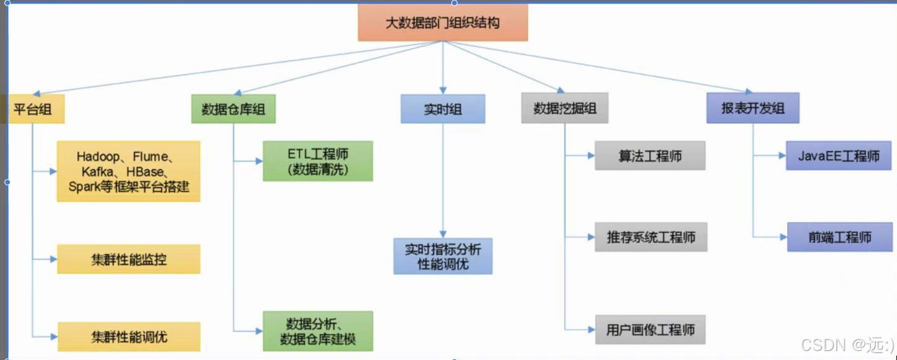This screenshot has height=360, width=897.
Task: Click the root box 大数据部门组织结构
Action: [442, 23]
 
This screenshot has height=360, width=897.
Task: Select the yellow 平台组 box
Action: [33, 109]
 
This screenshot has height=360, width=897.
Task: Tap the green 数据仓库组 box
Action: [234, 109]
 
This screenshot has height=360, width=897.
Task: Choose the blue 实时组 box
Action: [443, 109]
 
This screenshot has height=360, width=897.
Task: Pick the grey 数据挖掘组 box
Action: [565, 109]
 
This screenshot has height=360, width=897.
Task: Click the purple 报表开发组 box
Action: [753, 109]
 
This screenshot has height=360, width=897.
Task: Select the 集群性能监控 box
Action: [128, 260]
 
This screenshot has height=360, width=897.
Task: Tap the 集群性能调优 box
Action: [128, 337]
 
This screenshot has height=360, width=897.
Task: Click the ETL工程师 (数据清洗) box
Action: [317, 161]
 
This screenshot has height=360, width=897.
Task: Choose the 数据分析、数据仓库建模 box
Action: [317, 331]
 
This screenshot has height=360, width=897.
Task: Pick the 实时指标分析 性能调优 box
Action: [443, 256]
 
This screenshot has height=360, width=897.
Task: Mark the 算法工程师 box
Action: [650, 156]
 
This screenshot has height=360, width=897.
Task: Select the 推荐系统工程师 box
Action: [650, 237]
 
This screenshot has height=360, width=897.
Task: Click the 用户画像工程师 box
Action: [650, 330]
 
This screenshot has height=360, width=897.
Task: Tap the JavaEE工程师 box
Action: [839, 156]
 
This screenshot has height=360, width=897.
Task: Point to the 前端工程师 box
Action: [839, 237]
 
